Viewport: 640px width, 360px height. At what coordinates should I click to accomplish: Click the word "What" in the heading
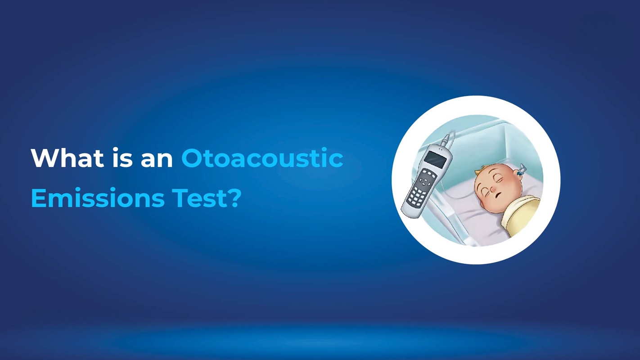tap(67, 158)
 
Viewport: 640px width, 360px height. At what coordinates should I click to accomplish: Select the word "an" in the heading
tap(157, 161)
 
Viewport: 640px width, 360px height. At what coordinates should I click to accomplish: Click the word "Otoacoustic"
tap(262, 157)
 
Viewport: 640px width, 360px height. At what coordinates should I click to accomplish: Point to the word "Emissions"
tap(98, 198)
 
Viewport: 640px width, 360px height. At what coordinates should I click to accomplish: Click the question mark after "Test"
tap(234, 198)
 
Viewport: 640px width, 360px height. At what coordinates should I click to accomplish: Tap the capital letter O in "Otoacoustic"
tap(193, 158)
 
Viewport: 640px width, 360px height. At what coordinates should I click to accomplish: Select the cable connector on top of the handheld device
tap(446, 140)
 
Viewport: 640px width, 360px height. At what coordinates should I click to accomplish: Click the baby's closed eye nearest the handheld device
tap(486, 190)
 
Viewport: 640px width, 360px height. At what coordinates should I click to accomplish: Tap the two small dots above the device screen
tap(441, 149)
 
